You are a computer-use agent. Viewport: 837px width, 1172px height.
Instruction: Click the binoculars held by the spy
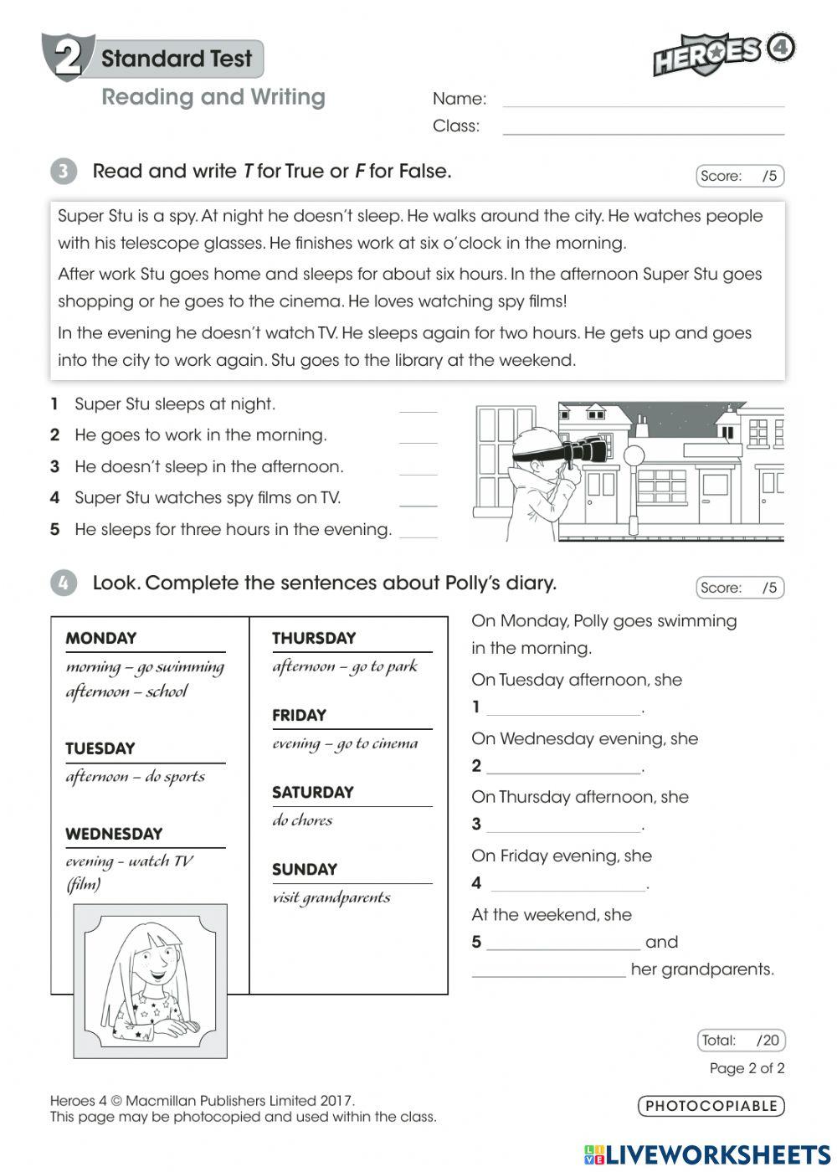(x=583, y=451)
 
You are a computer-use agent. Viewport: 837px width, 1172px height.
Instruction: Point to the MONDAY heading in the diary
(x=101, y=638)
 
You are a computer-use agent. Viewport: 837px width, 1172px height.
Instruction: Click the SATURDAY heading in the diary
(x=313, y=792)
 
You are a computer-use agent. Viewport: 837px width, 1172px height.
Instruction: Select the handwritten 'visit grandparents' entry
(x=331, y=897)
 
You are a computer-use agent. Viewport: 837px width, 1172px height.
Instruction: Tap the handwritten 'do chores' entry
(x=302, y=820)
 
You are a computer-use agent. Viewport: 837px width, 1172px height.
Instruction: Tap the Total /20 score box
(x=741, y=1041)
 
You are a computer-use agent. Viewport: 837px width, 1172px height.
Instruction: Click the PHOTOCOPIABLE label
(x=711, y=1106)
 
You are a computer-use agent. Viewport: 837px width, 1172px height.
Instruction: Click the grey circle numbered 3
(x=64, y=172)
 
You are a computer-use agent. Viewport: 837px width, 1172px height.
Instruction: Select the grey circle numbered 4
(x=64, y=583)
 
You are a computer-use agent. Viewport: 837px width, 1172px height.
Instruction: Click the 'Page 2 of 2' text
(x=747, y=1068)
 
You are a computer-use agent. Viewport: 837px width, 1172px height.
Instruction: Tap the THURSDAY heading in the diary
(x=314, y=638)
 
